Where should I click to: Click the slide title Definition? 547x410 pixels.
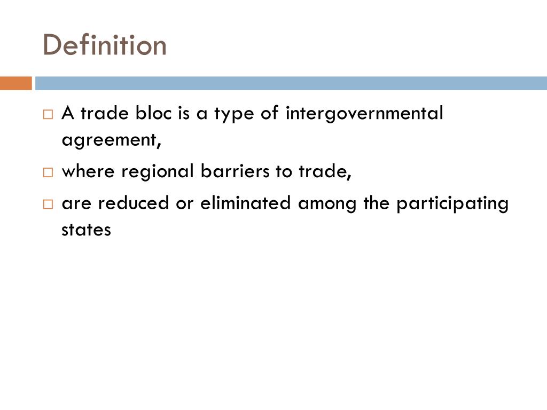pyautogui.click(x=105, y=45)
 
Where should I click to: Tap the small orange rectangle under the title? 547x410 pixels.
pyautogui.click(x=15, y=83)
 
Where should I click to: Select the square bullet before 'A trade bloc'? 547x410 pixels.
pyautogui.click(x=48, y=114)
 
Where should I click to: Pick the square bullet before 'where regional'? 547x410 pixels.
pyautogui.click(x=48, y=173)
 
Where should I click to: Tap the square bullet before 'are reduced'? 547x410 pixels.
pyautogui.click(x=48, y=204)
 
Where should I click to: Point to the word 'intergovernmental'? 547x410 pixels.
pyautogui.click(x=364, y=113)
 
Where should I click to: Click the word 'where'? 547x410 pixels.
pyautogui.click(x=88, y=172)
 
